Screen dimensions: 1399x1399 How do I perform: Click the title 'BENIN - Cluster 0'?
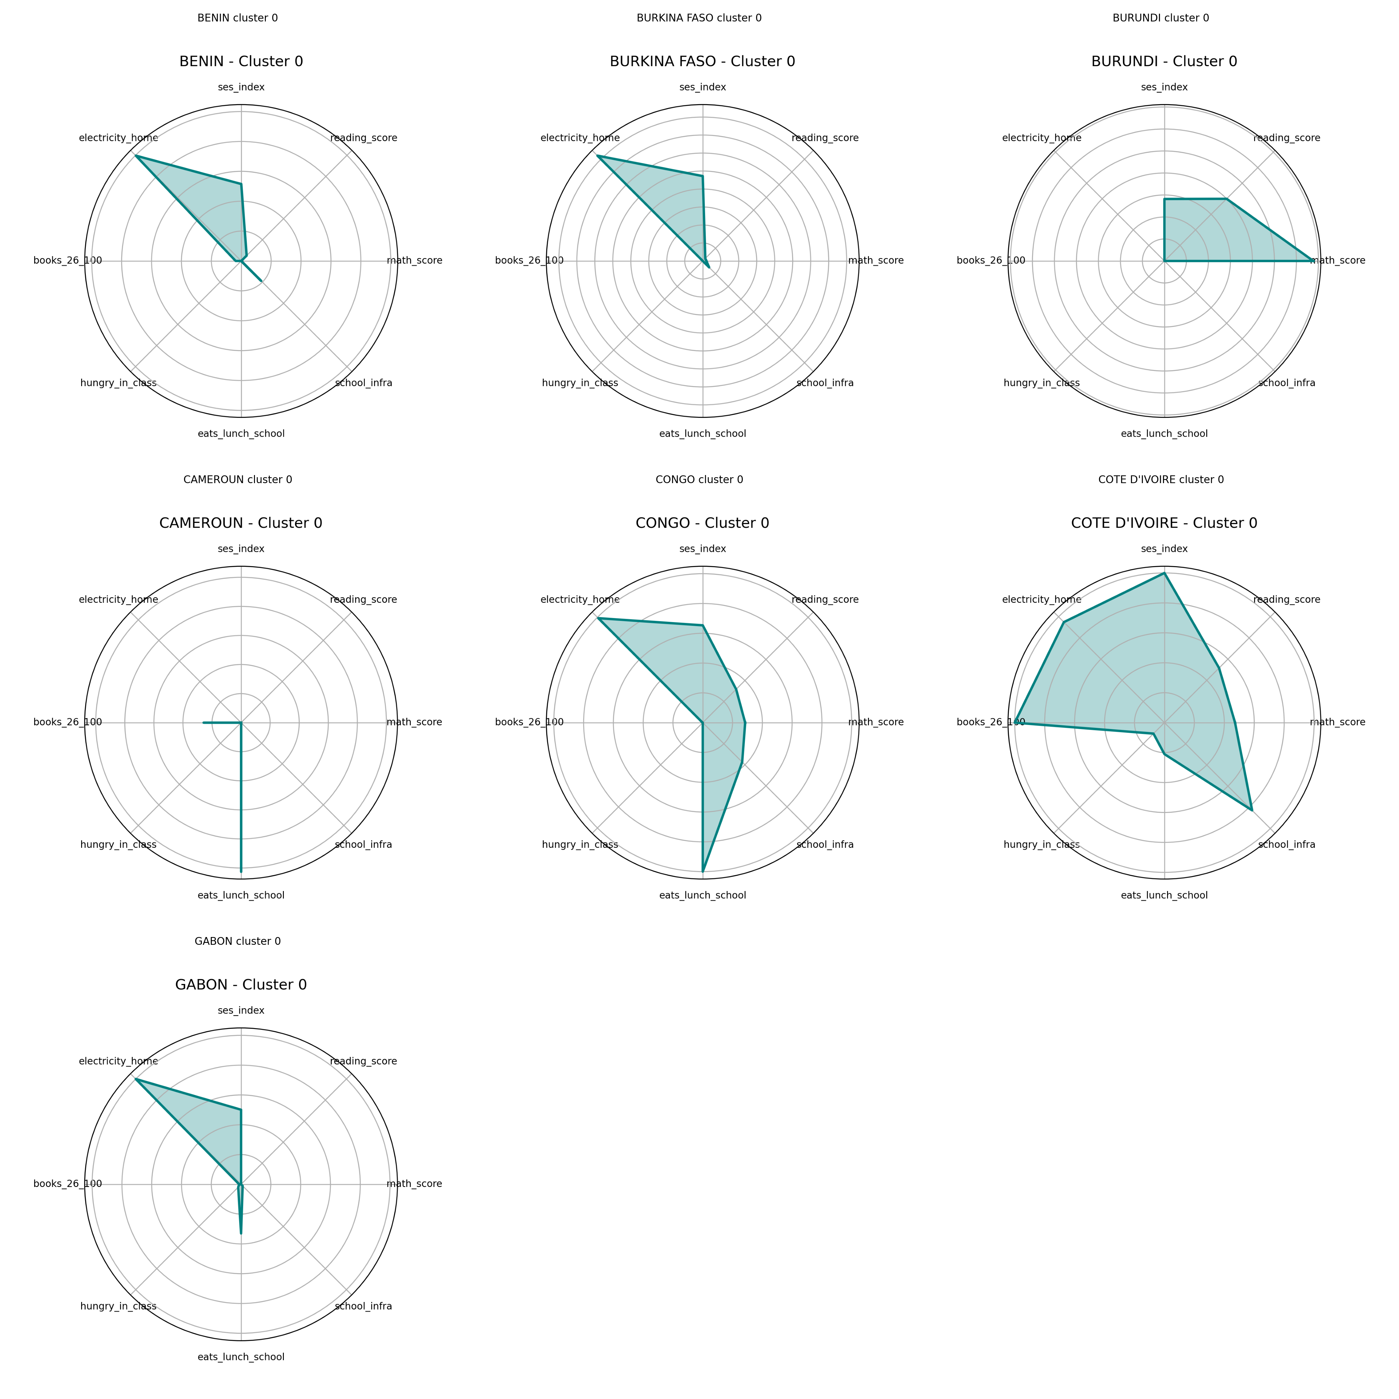click(241, 62)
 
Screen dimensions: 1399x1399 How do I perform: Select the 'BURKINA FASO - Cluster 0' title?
click(702, 62)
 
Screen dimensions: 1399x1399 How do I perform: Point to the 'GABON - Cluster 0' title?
click(241, 985)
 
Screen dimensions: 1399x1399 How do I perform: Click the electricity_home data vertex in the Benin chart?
click(136, 156)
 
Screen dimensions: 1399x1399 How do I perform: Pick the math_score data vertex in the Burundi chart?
click(1311, 261)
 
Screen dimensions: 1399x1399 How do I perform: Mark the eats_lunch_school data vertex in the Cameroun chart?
click(241, 870)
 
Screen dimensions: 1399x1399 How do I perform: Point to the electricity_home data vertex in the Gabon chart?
click(136, 1079)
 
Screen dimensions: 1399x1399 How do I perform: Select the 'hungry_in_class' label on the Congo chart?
click(580, 844)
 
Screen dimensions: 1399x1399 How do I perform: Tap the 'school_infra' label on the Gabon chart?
click(363, 1306)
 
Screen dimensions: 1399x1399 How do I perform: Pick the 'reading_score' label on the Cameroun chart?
click(363, 600)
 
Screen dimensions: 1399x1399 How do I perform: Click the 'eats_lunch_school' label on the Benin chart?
click(241, 434)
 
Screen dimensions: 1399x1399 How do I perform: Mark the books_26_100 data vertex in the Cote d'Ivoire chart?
click(1017, 722)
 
